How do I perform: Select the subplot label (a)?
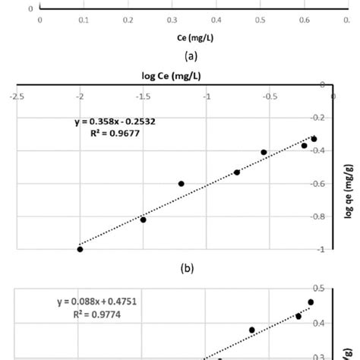pos(180,55)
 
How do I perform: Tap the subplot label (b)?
pos(180,267)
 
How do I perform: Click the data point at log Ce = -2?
pos(80,249)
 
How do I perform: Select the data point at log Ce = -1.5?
pos(143,219)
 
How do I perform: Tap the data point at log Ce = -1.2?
pos(181,184)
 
